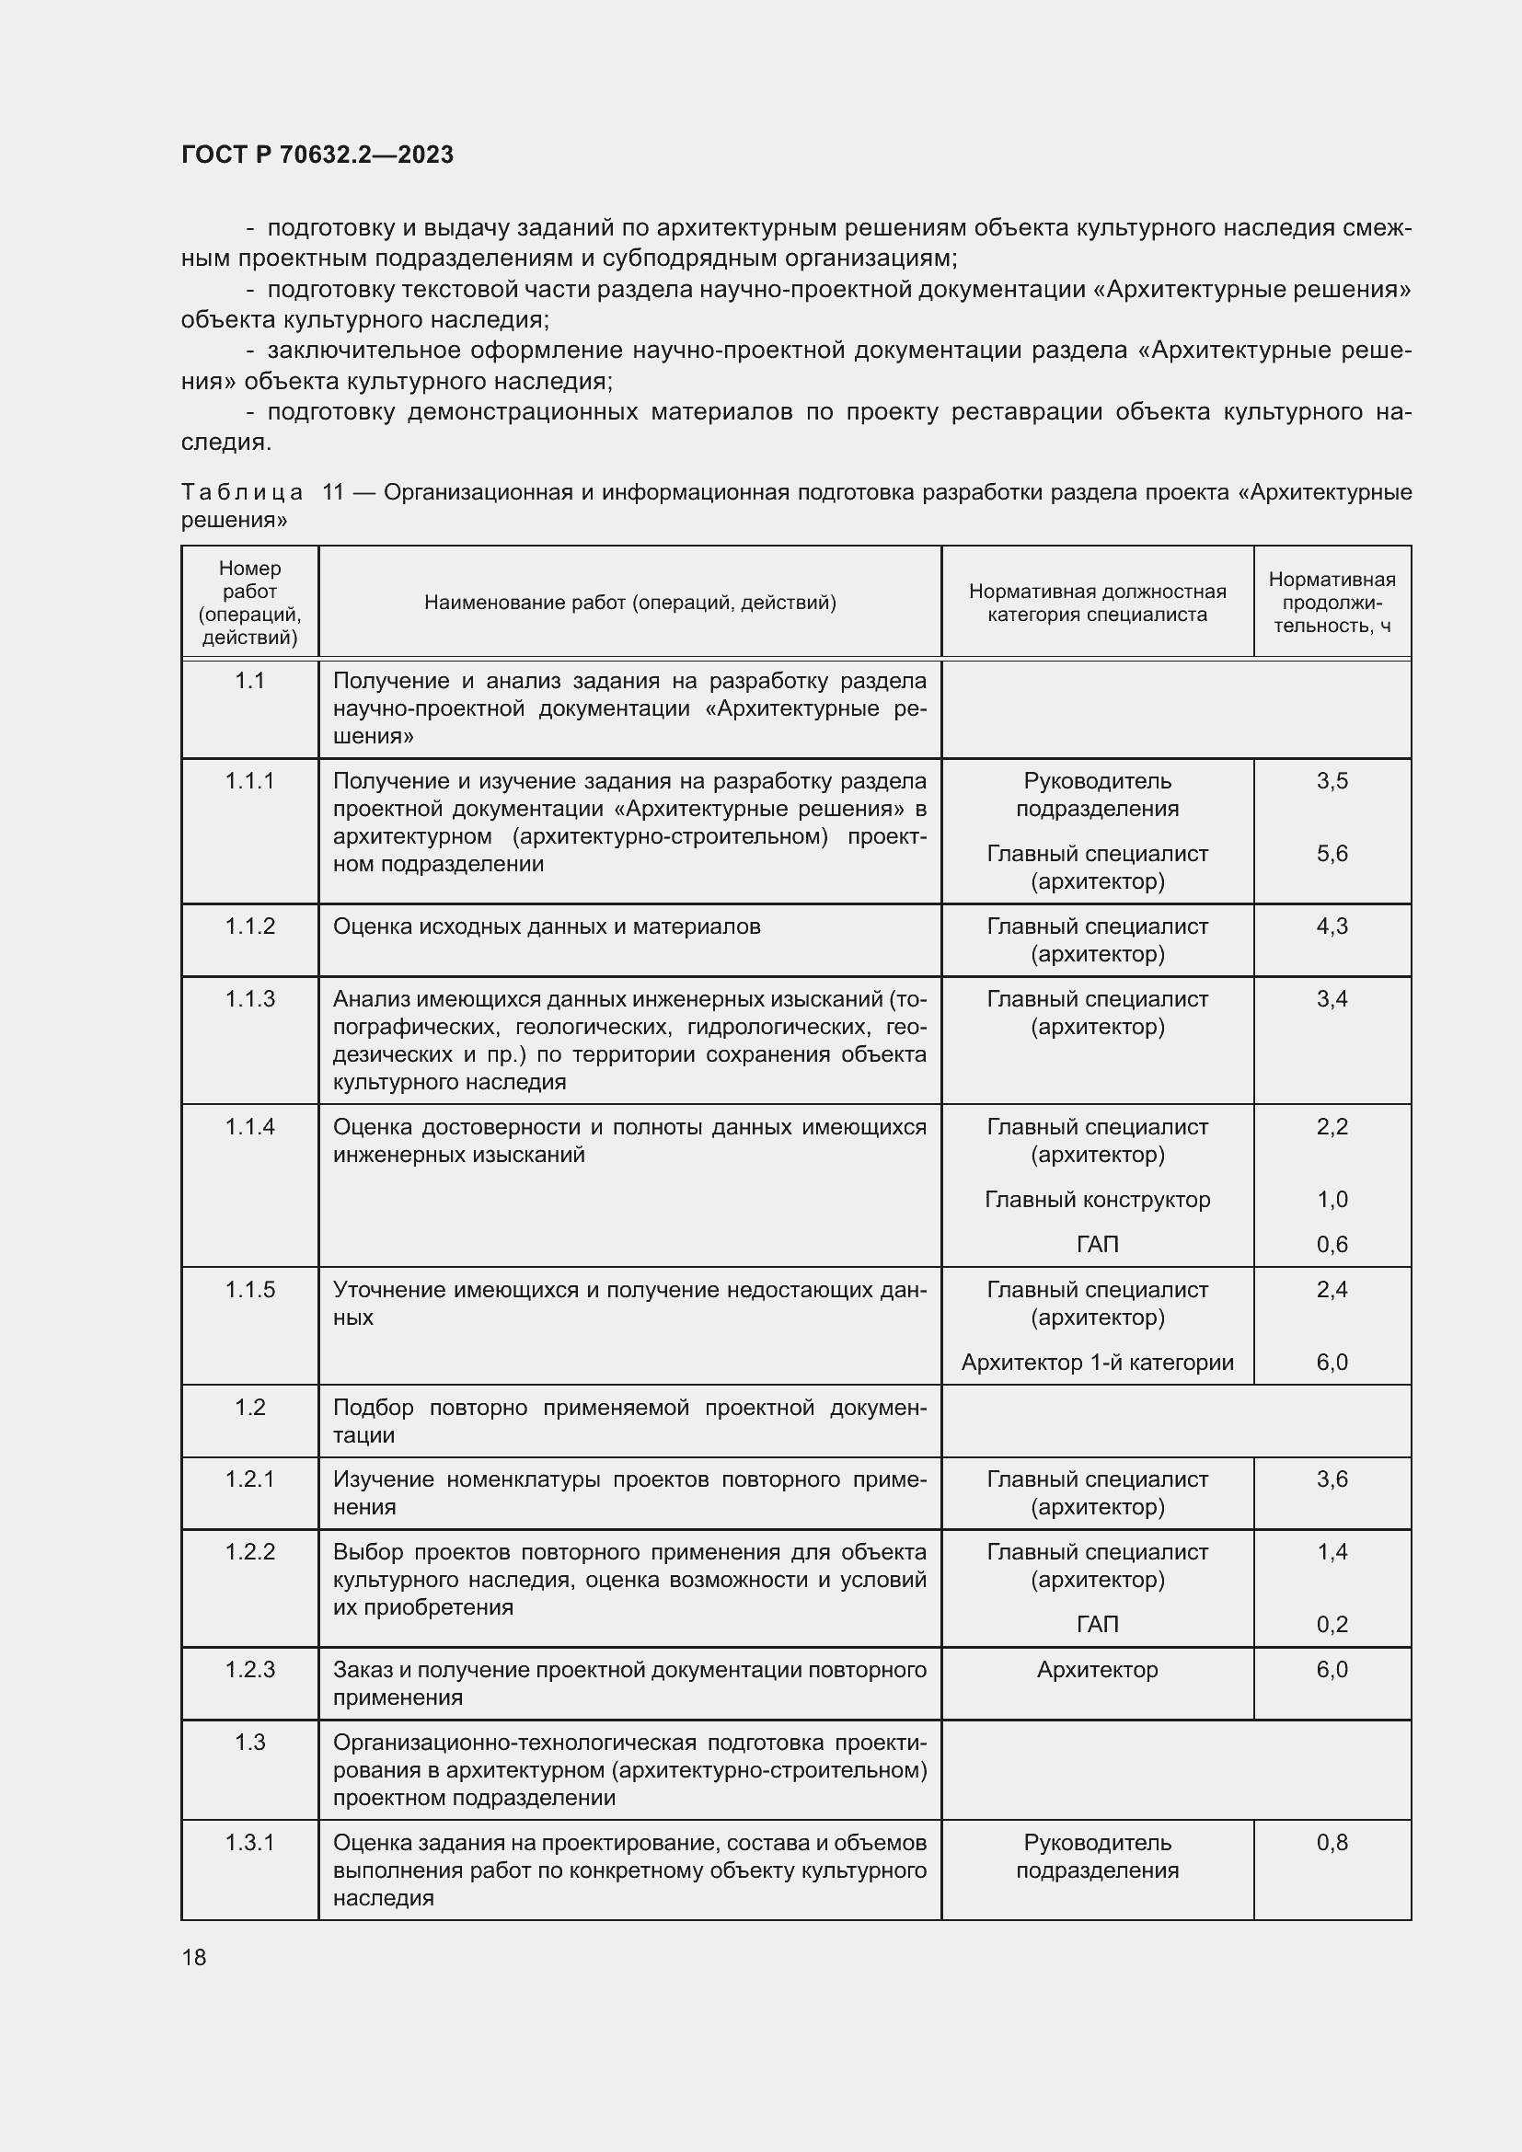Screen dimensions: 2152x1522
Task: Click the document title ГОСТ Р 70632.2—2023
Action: tap(317, 155)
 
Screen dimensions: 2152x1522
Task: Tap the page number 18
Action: tap(194, 1958)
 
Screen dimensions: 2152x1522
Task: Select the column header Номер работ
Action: tap(249, 603)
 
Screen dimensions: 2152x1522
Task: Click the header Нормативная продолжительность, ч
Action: tap(1331, 603)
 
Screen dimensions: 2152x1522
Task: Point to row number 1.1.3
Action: tap(249, 999)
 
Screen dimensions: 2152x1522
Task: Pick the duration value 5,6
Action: tap(1331, 854)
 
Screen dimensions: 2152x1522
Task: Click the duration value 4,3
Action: tap(1331, 927)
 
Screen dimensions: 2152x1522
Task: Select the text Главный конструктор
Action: tap(1097, 1200)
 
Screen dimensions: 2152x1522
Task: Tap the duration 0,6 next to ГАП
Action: tap(1331, 1245)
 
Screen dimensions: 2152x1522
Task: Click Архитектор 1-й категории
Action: tap(1097, 1363)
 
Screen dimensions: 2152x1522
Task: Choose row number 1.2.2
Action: tap(249, 1552)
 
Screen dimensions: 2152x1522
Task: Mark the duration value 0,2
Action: tap(1331, 1624)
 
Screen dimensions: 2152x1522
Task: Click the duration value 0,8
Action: tap(1331, 1843)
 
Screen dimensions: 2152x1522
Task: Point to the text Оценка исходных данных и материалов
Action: tap(547, 927)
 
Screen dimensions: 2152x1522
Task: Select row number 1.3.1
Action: tap(249, 1843)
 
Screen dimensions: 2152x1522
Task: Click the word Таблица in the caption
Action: tap(242, 493)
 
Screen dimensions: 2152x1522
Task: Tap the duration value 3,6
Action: tap(1331, 1479)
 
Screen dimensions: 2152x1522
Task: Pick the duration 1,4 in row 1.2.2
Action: tap(1331, 1552)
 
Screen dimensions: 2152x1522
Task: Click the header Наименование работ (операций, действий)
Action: tap(629, 603)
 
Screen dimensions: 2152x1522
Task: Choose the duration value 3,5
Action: tap(1331, 782)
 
